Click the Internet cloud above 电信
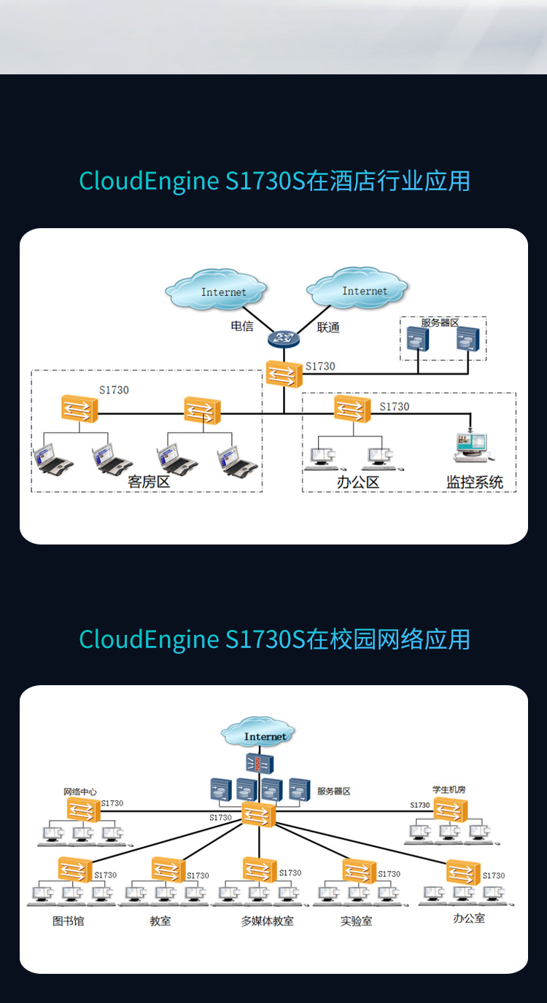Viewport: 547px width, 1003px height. [217, 290]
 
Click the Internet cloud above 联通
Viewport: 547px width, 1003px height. [357, 289]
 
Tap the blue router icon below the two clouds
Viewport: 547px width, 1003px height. [284, 339]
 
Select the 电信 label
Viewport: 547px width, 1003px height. [242, 326]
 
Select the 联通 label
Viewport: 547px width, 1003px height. [328, 327]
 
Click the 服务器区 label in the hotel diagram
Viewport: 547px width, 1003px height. [440, 322]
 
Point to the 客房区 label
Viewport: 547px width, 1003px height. [149, 482]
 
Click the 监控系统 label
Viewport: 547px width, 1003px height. [474, 483]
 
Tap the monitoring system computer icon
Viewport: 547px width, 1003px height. [473, 447]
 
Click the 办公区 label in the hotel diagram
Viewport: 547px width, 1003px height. [358, 483]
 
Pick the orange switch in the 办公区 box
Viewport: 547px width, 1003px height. [352, 409]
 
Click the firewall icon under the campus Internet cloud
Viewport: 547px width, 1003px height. [260, 763]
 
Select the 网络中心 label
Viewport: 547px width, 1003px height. [80, 792]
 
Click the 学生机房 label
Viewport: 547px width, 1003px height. [449, 789]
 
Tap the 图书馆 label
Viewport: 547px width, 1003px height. [68, 921]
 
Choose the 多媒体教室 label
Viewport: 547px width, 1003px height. [268, 921]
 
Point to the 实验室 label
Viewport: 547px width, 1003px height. [356, 921]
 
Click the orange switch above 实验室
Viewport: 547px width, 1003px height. [360, 871]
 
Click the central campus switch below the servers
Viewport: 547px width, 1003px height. [258, 814]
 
